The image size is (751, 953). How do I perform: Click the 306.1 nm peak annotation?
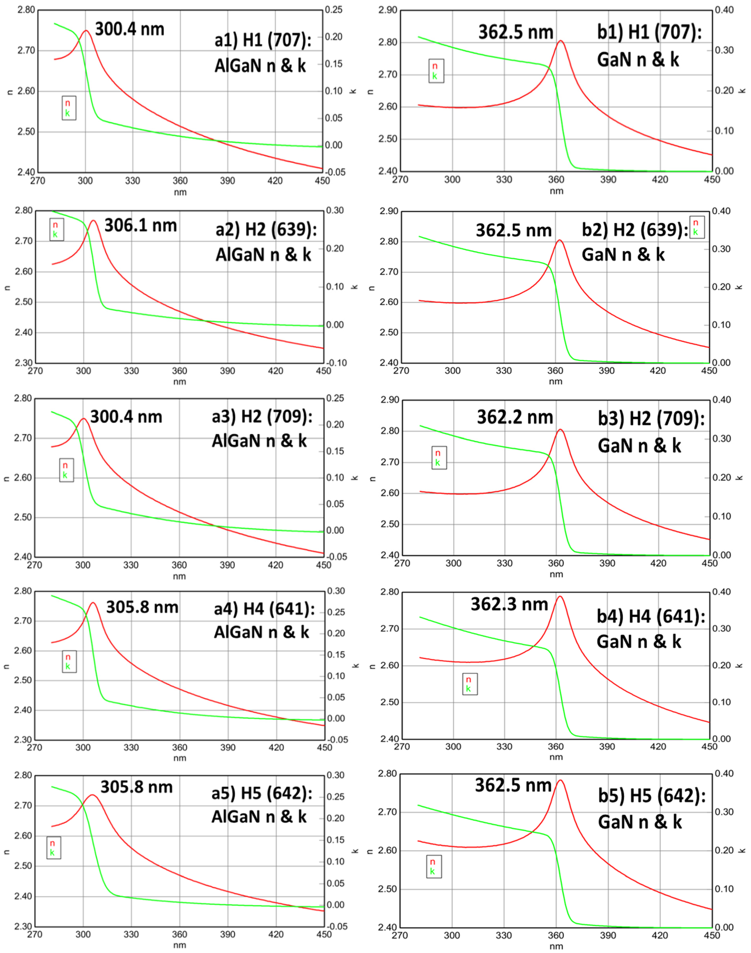pyautogui.click(x=141, y=226)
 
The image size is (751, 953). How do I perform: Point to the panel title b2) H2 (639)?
pyautogui.click(x=635, y=229)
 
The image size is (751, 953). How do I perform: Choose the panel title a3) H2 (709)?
pyautogui.click(x=262, y=416)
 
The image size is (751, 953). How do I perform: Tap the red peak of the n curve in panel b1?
pyautogui.click(x=561, y=41)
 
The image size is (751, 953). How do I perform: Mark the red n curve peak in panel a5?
pyautogui.click(x=92, y=795)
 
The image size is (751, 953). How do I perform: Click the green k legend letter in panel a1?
pyautogui.click(x=67, y=113)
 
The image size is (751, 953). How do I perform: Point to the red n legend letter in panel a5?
pyautogui.click(x=52, y=843)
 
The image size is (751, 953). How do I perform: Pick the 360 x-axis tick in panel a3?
pyautogui.click(x=179, y=565)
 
